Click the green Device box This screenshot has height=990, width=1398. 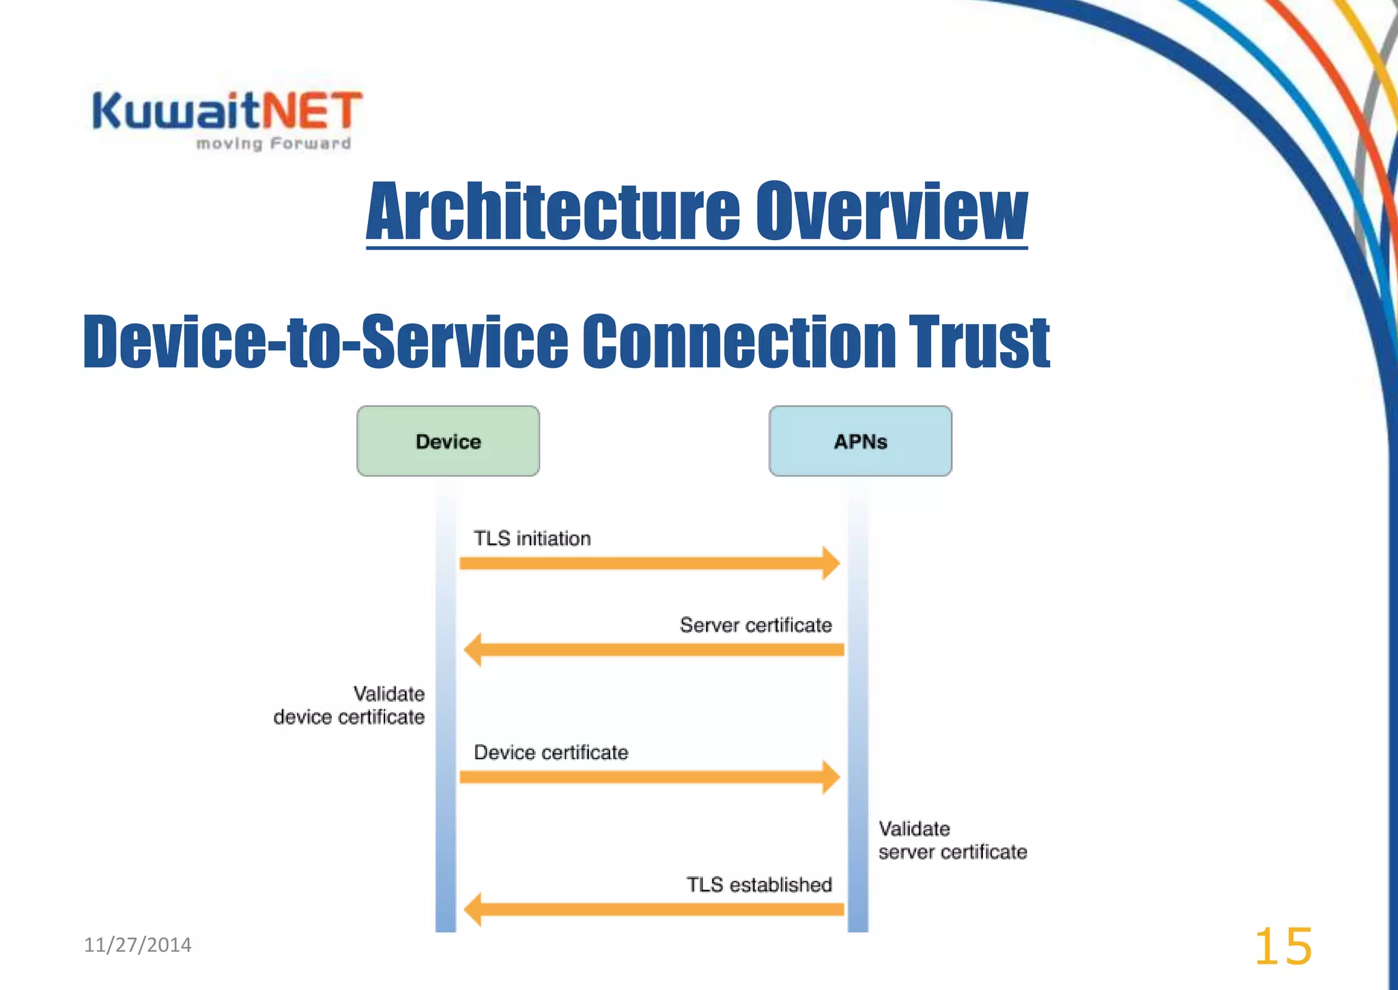[448, 441]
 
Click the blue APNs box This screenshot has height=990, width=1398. [860, 441]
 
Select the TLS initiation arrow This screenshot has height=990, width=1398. [648, 563]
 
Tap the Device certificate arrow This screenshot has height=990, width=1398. [648, 776]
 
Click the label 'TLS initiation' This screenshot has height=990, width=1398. [532, 538]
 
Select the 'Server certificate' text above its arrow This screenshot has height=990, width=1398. [756, 625]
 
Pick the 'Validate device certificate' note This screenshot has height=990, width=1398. [349, 705]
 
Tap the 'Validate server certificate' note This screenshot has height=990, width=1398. [952, 841]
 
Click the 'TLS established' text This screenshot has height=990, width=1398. [759, 885]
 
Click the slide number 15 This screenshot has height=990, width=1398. [1283, 946]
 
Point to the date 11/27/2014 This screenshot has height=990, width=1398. [137, 945]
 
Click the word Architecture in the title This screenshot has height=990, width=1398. [553, 212]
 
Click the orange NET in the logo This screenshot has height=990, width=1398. [312, 111]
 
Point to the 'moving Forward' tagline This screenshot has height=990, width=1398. [273, 143]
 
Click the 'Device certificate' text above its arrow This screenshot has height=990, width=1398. [551, 753]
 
